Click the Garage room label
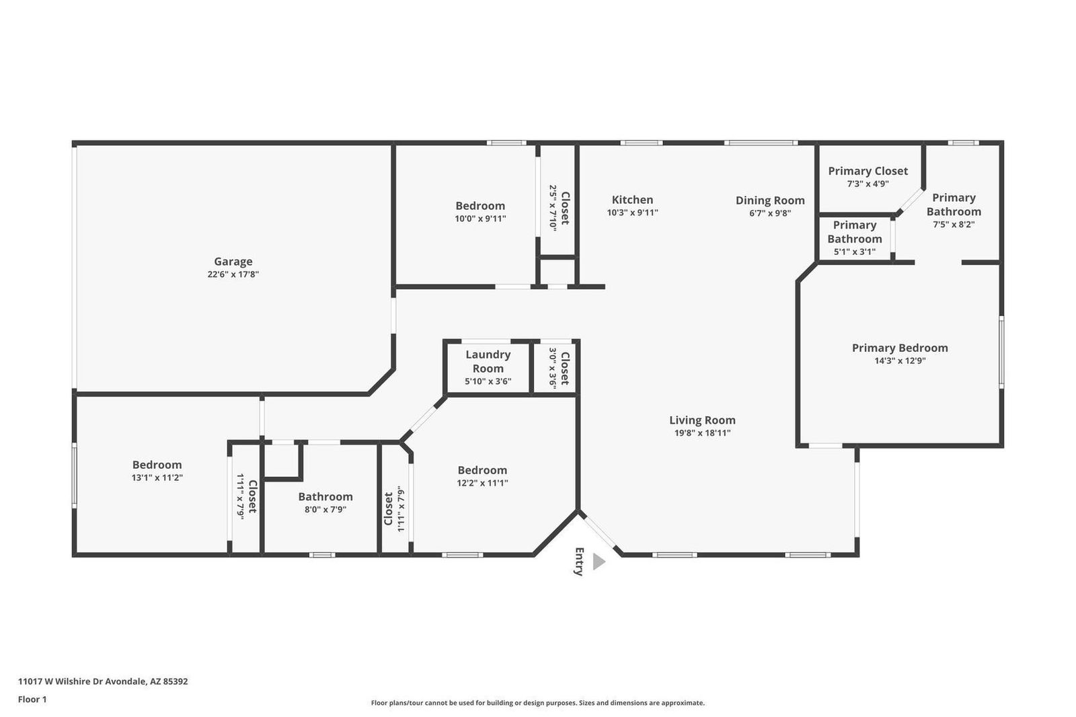point(233,262)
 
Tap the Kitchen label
point(632,200)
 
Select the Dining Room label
point(770,200)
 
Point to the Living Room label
point(702,420)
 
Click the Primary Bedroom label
point(900,348)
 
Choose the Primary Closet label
point(868,171)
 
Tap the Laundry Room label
point(488,361)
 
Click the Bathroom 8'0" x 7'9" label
point(325,496)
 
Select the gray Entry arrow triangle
point(599,562)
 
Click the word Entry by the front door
point(579,562)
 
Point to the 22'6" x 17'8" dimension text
point(233,274)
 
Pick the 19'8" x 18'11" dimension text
point(702,433)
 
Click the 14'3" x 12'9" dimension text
point(900,361)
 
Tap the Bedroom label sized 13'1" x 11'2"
point(157,465)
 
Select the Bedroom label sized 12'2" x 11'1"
point(482,470)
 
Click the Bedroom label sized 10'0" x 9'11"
point(480,206)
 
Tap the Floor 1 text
point(32,700)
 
